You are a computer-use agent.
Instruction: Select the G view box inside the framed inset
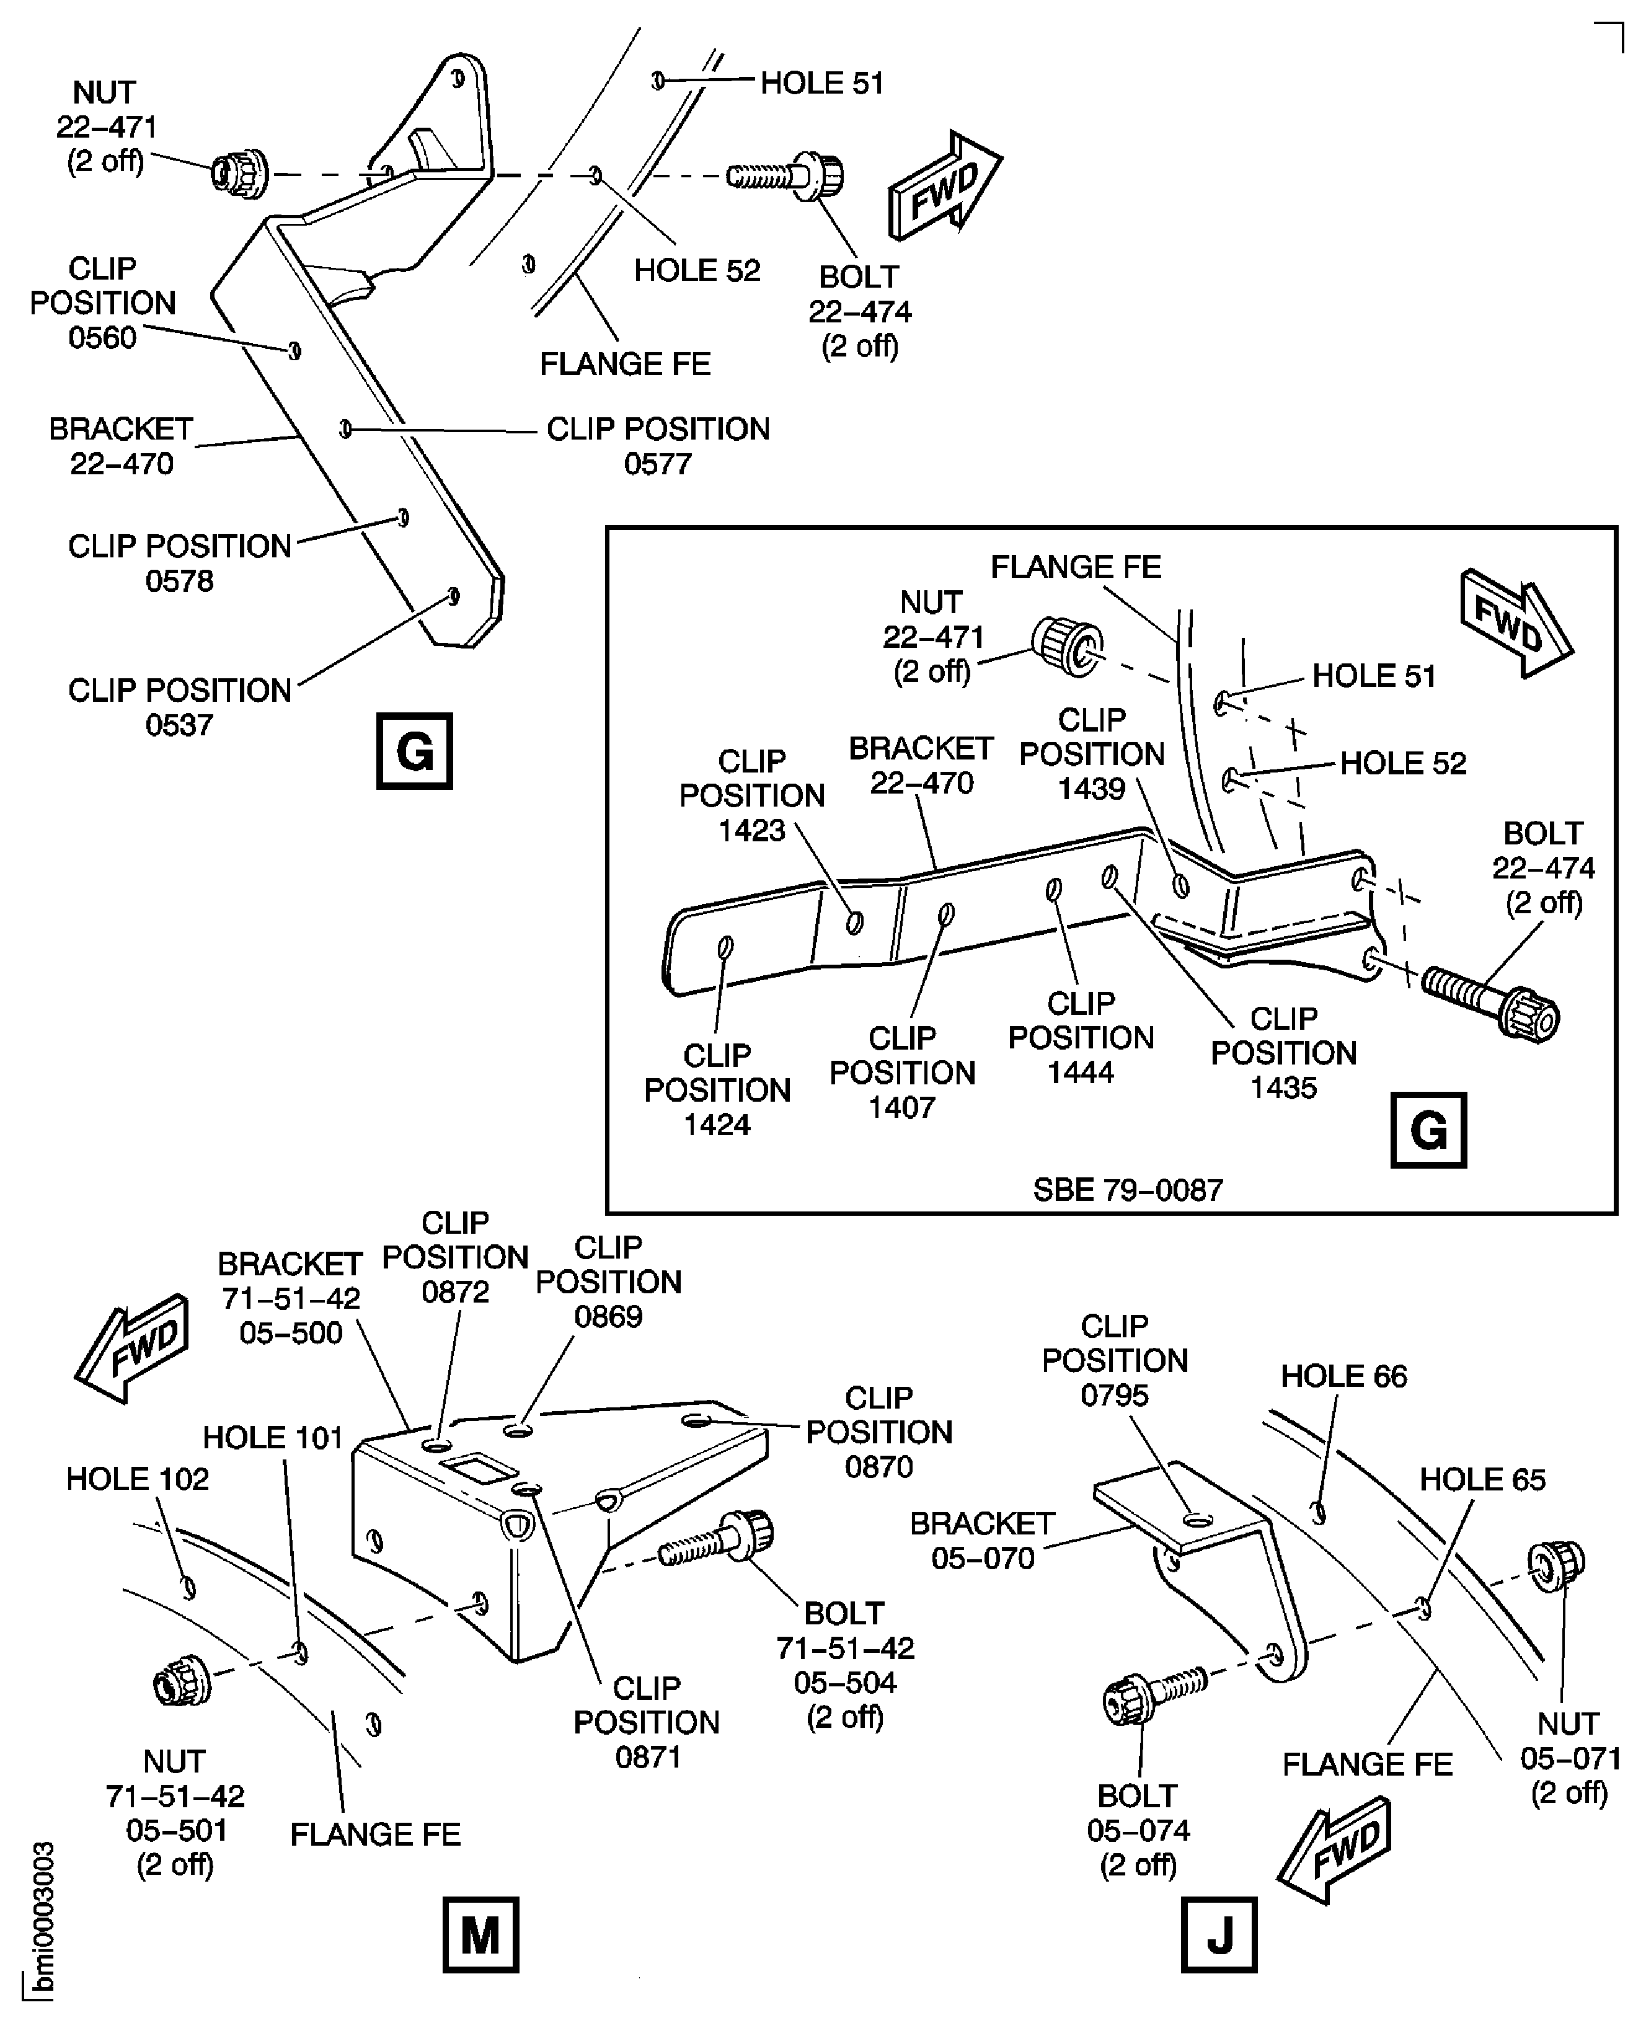coord(1427,1130)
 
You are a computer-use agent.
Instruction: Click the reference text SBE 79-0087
coord(1127,1190)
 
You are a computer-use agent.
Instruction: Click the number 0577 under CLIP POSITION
coord(657,464)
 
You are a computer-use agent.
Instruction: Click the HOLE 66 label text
coord(1343,1376)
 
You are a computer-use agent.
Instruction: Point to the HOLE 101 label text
coord(272,1438)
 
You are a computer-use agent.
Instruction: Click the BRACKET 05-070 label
coord(982,1541)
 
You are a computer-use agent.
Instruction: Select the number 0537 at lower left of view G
coord(179,725)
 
